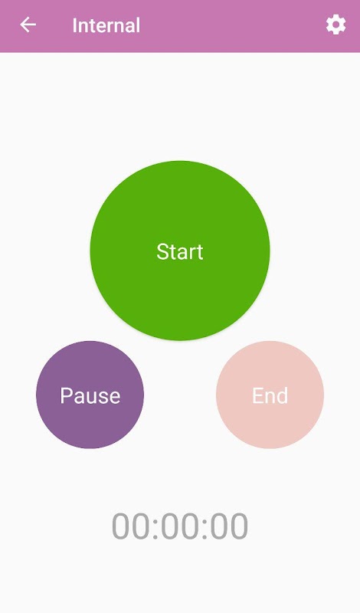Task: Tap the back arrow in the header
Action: pos(28,25)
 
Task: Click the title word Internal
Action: pos(106,25)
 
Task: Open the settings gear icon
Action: pos(335,25)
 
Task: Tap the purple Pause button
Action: pos(90,395)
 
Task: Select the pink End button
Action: pos(270,395)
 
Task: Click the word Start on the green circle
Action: pos(180,251)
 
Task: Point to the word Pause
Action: pos(90,395)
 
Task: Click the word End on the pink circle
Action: pos(270,395)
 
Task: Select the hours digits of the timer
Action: pos(130,526)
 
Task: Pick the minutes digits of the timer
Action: pos(179,526)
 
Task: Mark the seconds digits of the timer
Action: pos(229,526)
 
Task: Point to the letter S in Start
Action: pos(162,251)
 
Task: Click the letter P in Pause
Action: pos(66,395)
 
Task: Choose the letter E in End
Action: pos(257,395)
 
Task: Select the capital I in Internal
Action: pos(74,25)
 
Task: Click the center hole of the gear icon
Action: pos(335,25)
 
